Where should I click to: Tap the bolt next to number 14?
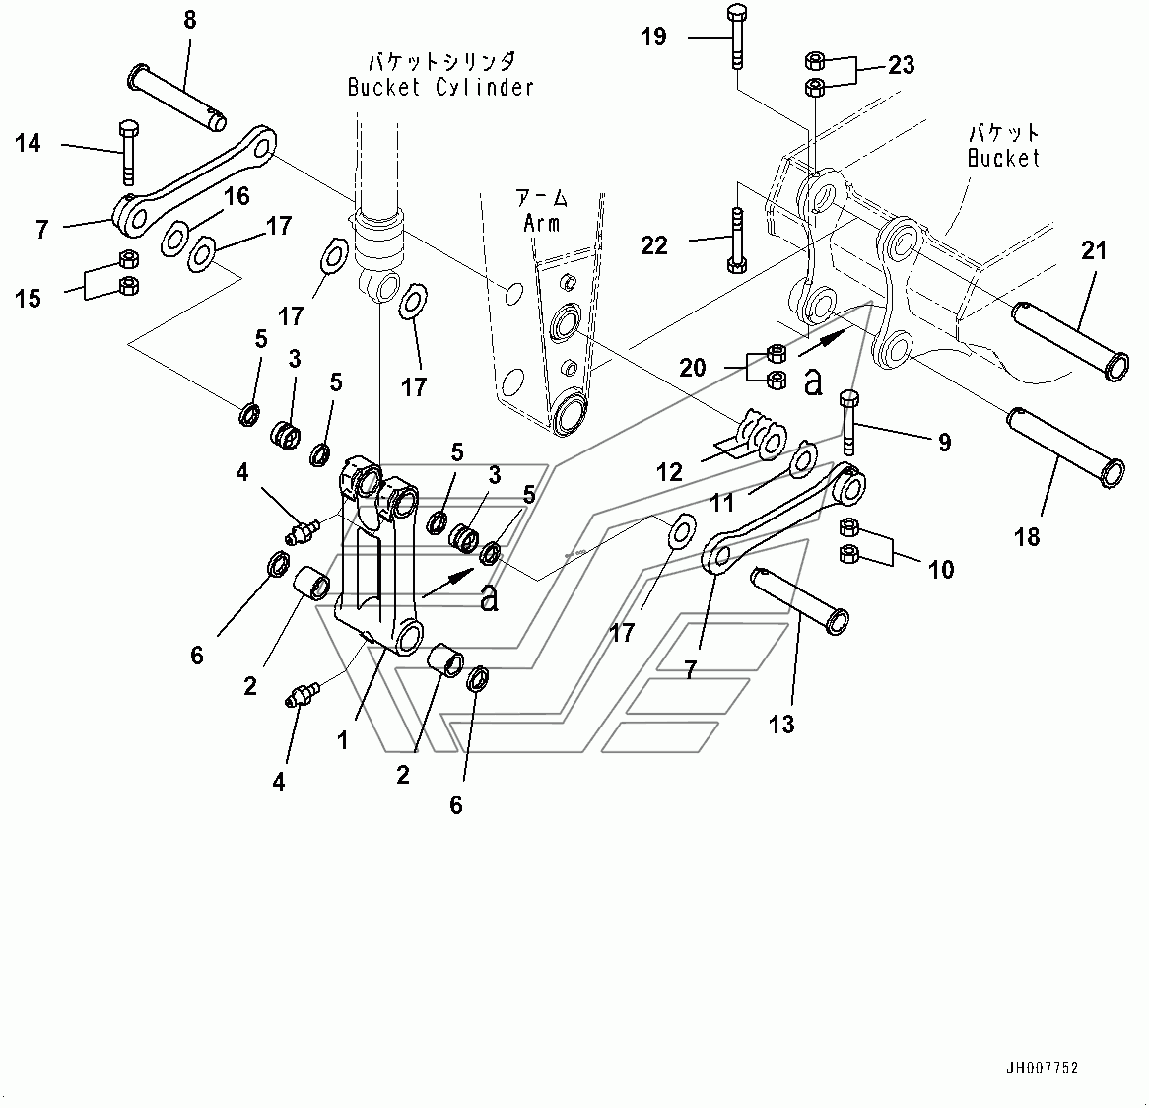pyautogui.click(x=125, y=153)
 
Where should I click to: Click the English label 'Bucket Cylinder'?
pyautogui.click(x=440, y=87)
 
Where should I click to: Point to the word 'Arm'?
pyautogui.click(x=541, y=223)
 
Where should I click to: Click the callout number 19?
pyautogui.click(x=653, y=37)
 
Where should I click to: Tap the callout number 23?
pyautogui.click(x=901, y=65)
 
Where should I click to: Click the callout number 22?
pyautogui.click(x=654, y=244)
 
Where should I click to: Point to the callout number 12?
pyautogui.click(x=670, y=472)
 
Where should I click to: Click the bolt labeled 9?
pyautogui.click(x=849, y=423)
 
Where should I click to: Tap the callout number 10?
pyautogui.click(x=941, y=569)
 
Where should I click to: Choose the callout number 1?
pyautogui.click(x=342, y=739)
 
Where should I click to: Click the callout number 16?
pyautogui.click(x=237, y=196)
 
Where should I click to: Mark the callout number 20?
pyautogui.click(x=693, y=368)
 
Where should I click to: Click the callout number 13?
pyautogui.click(x=781, y=725)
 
